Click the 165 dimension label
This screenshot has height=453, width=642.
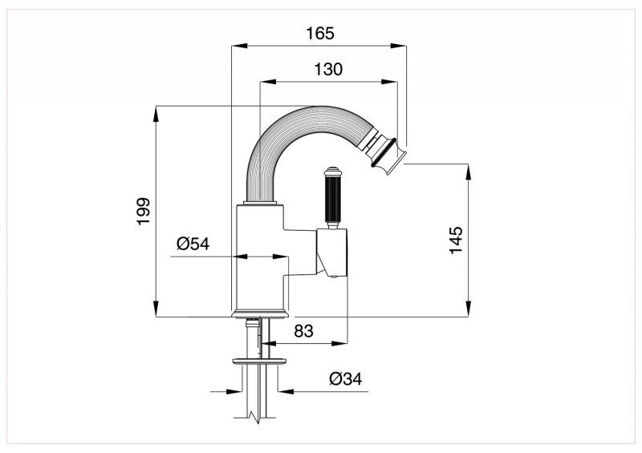point(319,33)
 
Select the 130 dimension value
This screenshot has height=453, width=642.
point(328,70)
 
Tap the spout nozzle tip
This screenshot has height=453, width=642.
point(389,155)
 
